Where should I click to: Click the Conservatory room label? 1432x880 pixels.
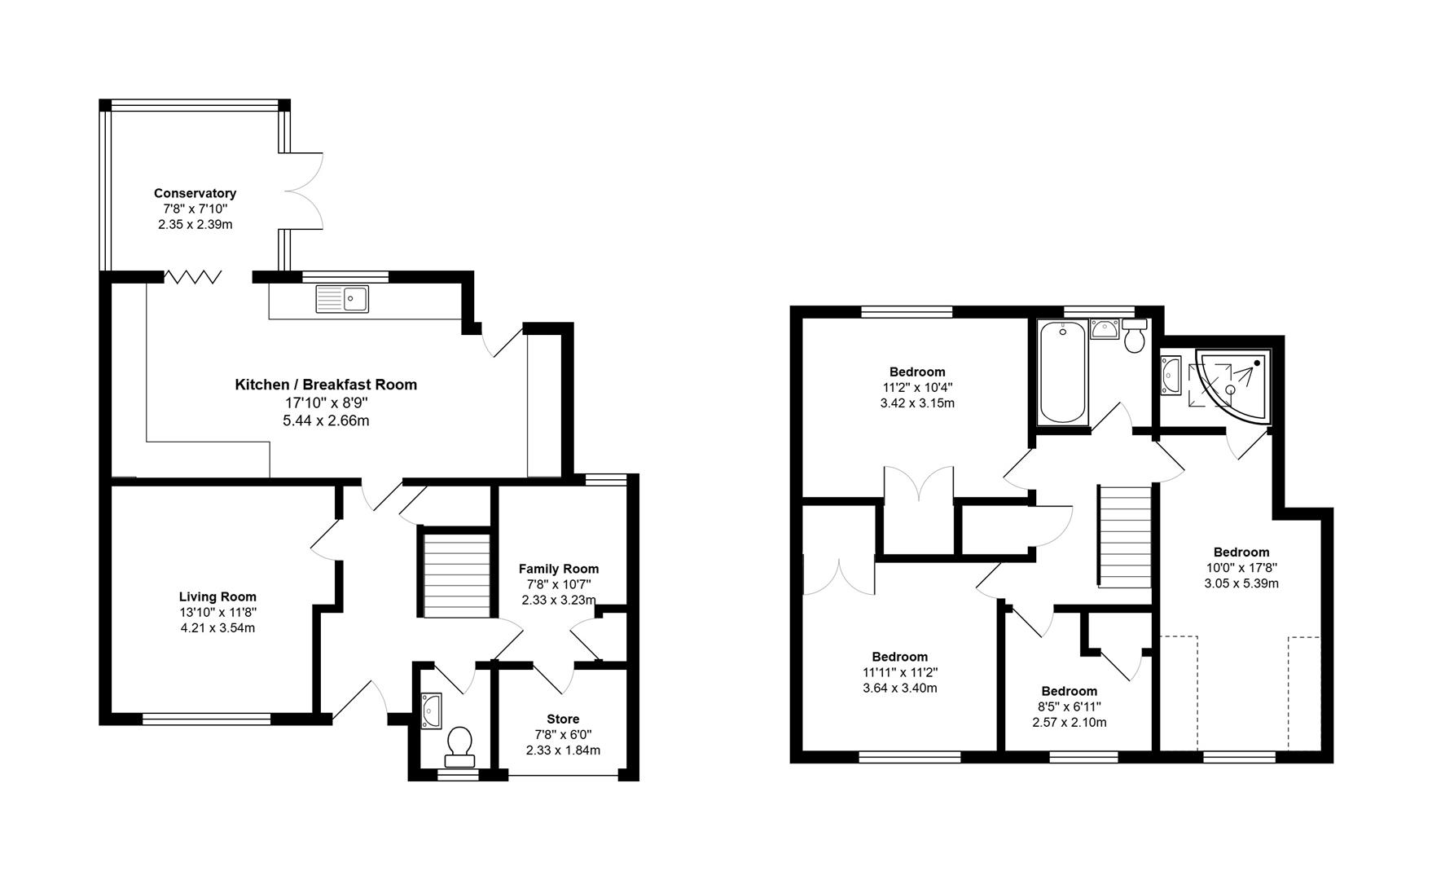click(x=195, y=193)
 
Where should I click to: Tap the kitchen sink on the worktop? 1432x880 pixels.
click(x=342, y=299)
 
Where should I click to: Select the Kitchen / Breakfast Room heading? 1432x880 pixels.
click(x=326, y=385)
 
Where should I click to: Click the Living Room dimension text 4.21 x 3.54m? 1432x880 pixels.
click(x=217, y=627)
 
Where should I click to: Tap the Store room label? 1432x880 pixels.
click(x=563, y=719)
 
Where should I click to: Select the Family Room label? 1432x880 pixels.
click(x=559, y=569)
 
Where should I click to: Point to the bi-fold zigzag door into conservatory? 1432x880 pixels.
click(x=193, y=277)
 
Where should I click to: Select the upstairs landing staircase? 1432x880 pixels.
click(x=1125, y=535)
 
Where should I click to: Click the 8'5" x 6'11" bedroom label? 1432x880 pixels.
click(x=1069, y=706)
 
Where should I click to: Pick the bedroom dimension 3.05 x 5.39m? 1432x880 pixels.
click(x=1241, y=583)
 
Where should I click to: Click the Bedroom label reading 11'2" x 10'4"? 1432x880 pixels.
click(x=916, y=387)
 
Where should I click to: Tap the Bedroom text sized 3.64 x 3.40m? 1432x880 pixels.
click(x=899, y=688)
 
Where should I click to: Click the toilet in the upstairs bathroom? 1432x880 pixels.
click(x=1135, y=337)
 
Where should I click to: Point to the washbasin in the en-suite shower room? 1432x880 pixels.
click(x=1171, y=376)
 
